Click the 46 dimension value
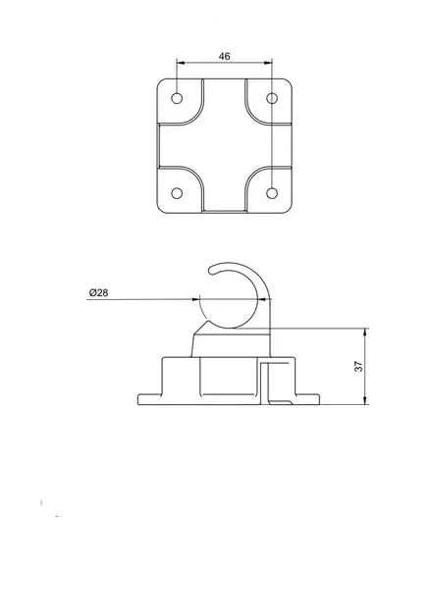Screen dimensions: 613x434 (225, 57)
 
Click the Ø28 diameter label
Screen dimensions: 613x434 (99, 293)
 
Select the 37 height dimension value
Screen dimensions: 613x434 (359, 365)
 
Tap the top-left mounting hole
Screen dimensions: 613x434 (178, 99)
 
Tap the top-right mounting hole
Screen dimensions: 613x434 (273, 99)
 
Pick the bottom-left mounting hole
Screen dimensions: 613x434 (178, 192)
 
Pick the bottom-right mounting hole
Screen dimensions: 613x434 (273, 192)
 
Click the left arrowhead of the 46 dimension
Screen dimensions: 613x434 (181, 64)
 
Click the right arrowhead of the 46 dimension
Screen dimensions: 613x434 (270, 64)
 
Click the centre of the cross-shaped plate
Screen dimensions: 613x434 (225, 145)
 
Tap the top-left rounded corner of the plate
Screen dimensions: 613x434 (162, 83)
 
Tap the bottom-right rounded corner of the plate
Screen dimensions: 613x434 (289, 208)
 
